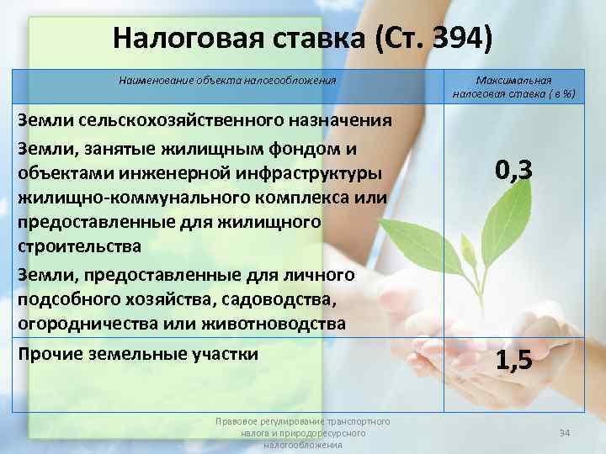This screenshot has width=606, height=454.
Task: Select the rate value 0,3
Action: point(513,172)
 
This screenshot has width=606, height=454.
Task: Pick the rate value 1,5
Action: point(513,361)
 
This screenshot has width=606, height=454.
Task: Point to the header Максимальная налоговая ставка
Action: point(513,87)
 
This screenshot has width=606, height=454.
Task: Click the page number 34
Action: point(565,433)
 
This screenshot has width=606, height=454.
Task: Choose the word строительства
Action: point(73,248)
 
